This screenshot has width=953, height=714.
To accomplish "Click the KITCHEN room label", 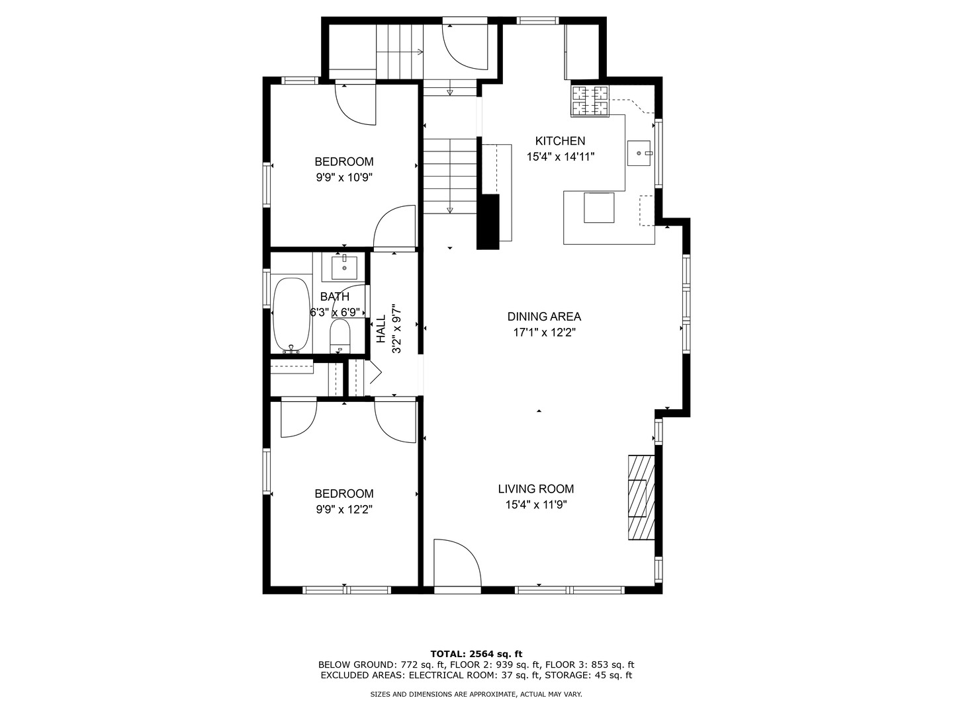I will click(560, 141).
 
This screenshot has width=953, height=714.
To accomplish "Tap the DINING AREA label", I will click(544, 317).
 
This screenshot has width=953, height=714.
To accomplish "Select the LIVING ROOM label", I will click(535, 489).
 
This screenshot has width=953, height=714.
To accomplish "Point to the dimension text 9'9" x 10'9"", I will click(343, 178).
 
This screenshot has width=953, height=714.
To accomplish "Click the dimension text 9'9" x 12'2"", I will click(343, 510).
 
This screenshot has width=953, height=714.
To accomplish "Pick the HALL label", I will click(381, 329).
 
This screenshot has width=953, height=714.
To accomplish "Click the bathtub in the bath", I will click(291, 315).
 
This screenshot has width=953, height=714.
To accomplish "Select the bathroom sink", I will click(344, 268).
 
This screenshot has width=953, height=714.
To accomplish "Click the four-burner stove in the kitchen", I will click(590, 101).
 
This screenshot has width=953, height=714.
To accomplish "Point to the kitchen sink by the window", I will click(639, 153).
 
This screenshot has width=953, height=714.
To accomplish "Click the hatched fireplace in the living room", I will click(641, 498).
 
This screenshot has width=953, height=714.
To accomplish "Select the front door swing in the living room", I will click(457, 562).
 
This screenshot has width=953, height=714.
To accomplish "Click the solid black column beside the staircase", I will click(488, 221).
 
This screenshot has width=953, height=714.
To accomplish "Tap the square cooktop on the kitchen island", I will click(598, 208).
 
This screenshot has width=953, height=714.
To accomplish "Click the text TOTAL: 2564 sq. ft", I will click(476, 654).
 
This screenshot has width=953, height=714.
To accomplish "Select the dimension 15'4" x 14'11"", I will click(561, 157).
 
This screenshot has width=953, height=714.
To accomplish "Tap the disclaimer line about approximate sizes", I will click(476, 694).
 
